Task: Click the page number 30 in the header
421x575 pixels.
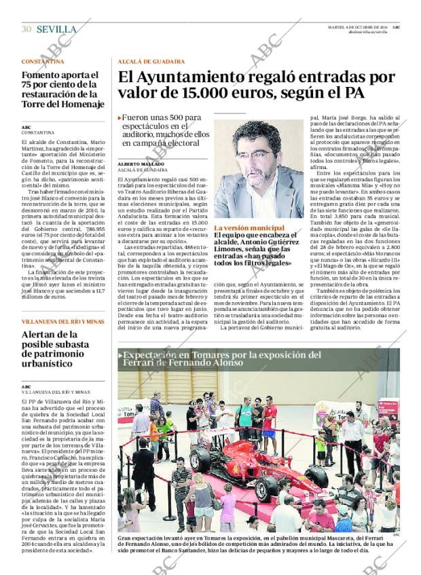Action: click(x=26, y=29)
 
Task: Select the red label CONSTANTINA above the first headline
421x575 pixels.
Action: click(x=43, y=61)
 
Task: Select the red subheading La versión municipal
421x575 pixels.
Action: click(x=249, y=228)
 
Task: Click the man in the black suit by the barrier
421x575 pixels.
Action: click(x=145, y=475)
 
